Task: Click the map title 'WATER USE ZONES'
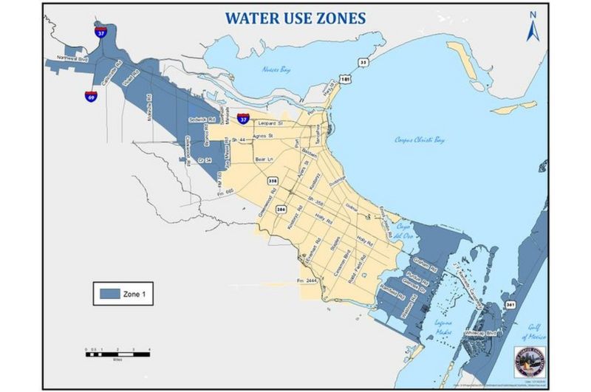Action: (295, 18)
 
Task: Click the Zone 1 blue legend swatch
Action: (112, 294)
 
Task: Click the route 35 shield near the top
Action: (363, 63)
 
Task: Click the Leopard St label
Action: (271, 123)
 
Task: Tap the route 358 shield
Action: (274, 180)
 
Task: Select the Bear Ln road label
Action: (264, 159)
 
